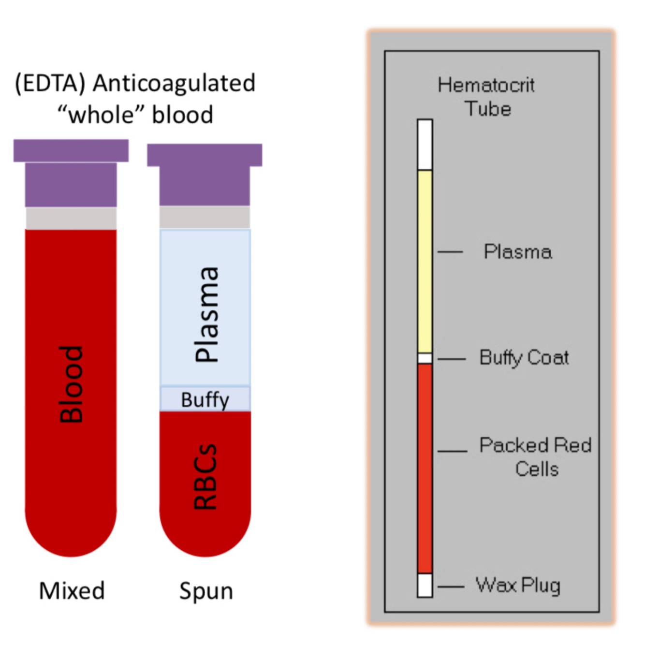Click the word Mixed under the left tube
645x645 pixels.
point(72,590)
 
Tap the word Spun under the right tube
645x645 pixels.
point(206,591)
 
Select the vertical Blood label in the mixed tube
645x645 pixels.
point(71,384)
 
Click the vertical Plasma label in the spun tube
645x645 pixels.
point(206,314)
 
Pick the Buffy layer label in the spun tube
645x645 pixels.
point(205,400)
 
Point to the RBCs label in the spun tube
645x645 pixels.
point(205,476)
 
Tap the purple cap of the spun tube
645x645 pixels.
point(205,174)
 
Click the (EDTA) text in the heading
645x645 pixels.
point(50,83)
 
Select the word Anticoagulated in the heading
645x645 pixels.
point(174,83)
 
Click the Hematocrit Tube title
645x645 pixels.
point(486,97)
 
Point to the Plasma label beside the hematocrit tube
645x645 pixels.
point(518,252)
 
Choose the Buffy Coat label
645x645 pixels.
point(524,358)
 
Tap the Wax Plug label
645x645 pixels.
point(518,585)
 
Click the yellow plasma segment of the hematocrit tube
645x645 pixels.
point(425,261)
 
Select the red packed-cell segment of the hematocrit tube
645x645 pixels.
point(425,468)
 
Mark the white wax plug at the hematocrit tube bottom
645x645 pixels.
point(425,585)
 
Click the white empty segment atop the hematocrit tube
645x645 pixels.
point(425,145)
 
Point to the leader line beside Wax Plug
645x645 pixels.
point(451,586)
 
